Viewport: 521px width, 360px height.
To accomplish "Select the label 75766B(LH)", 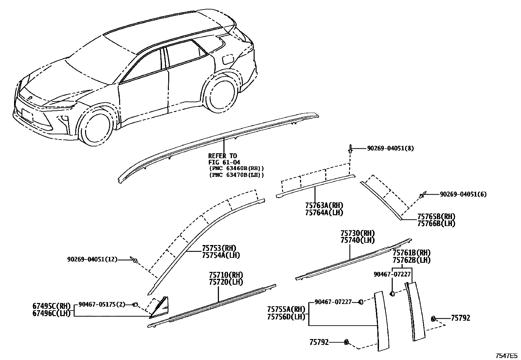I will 436,223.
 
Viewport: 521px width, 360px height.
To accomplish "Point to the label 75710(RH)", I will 226,275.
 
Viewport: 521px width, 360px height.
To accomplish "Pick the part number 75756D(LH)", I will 286,316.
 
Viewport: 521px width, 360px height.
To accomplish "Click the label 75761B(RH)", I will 411,253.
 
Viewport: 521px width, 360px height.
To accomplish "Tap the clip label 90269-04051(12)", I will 92,259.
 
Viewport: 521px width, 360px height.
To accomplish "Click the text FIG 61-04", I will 224,162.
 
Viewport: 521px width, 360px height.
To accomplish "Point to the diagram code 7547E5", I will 506,355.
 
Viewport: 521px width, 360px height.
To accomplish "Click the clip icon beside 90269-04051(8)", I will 350,149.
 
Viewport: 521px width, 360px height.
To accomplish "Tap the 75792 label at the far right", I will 460,318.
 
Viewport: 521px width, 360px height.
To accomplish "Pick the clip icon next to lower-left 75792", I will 346,342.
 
